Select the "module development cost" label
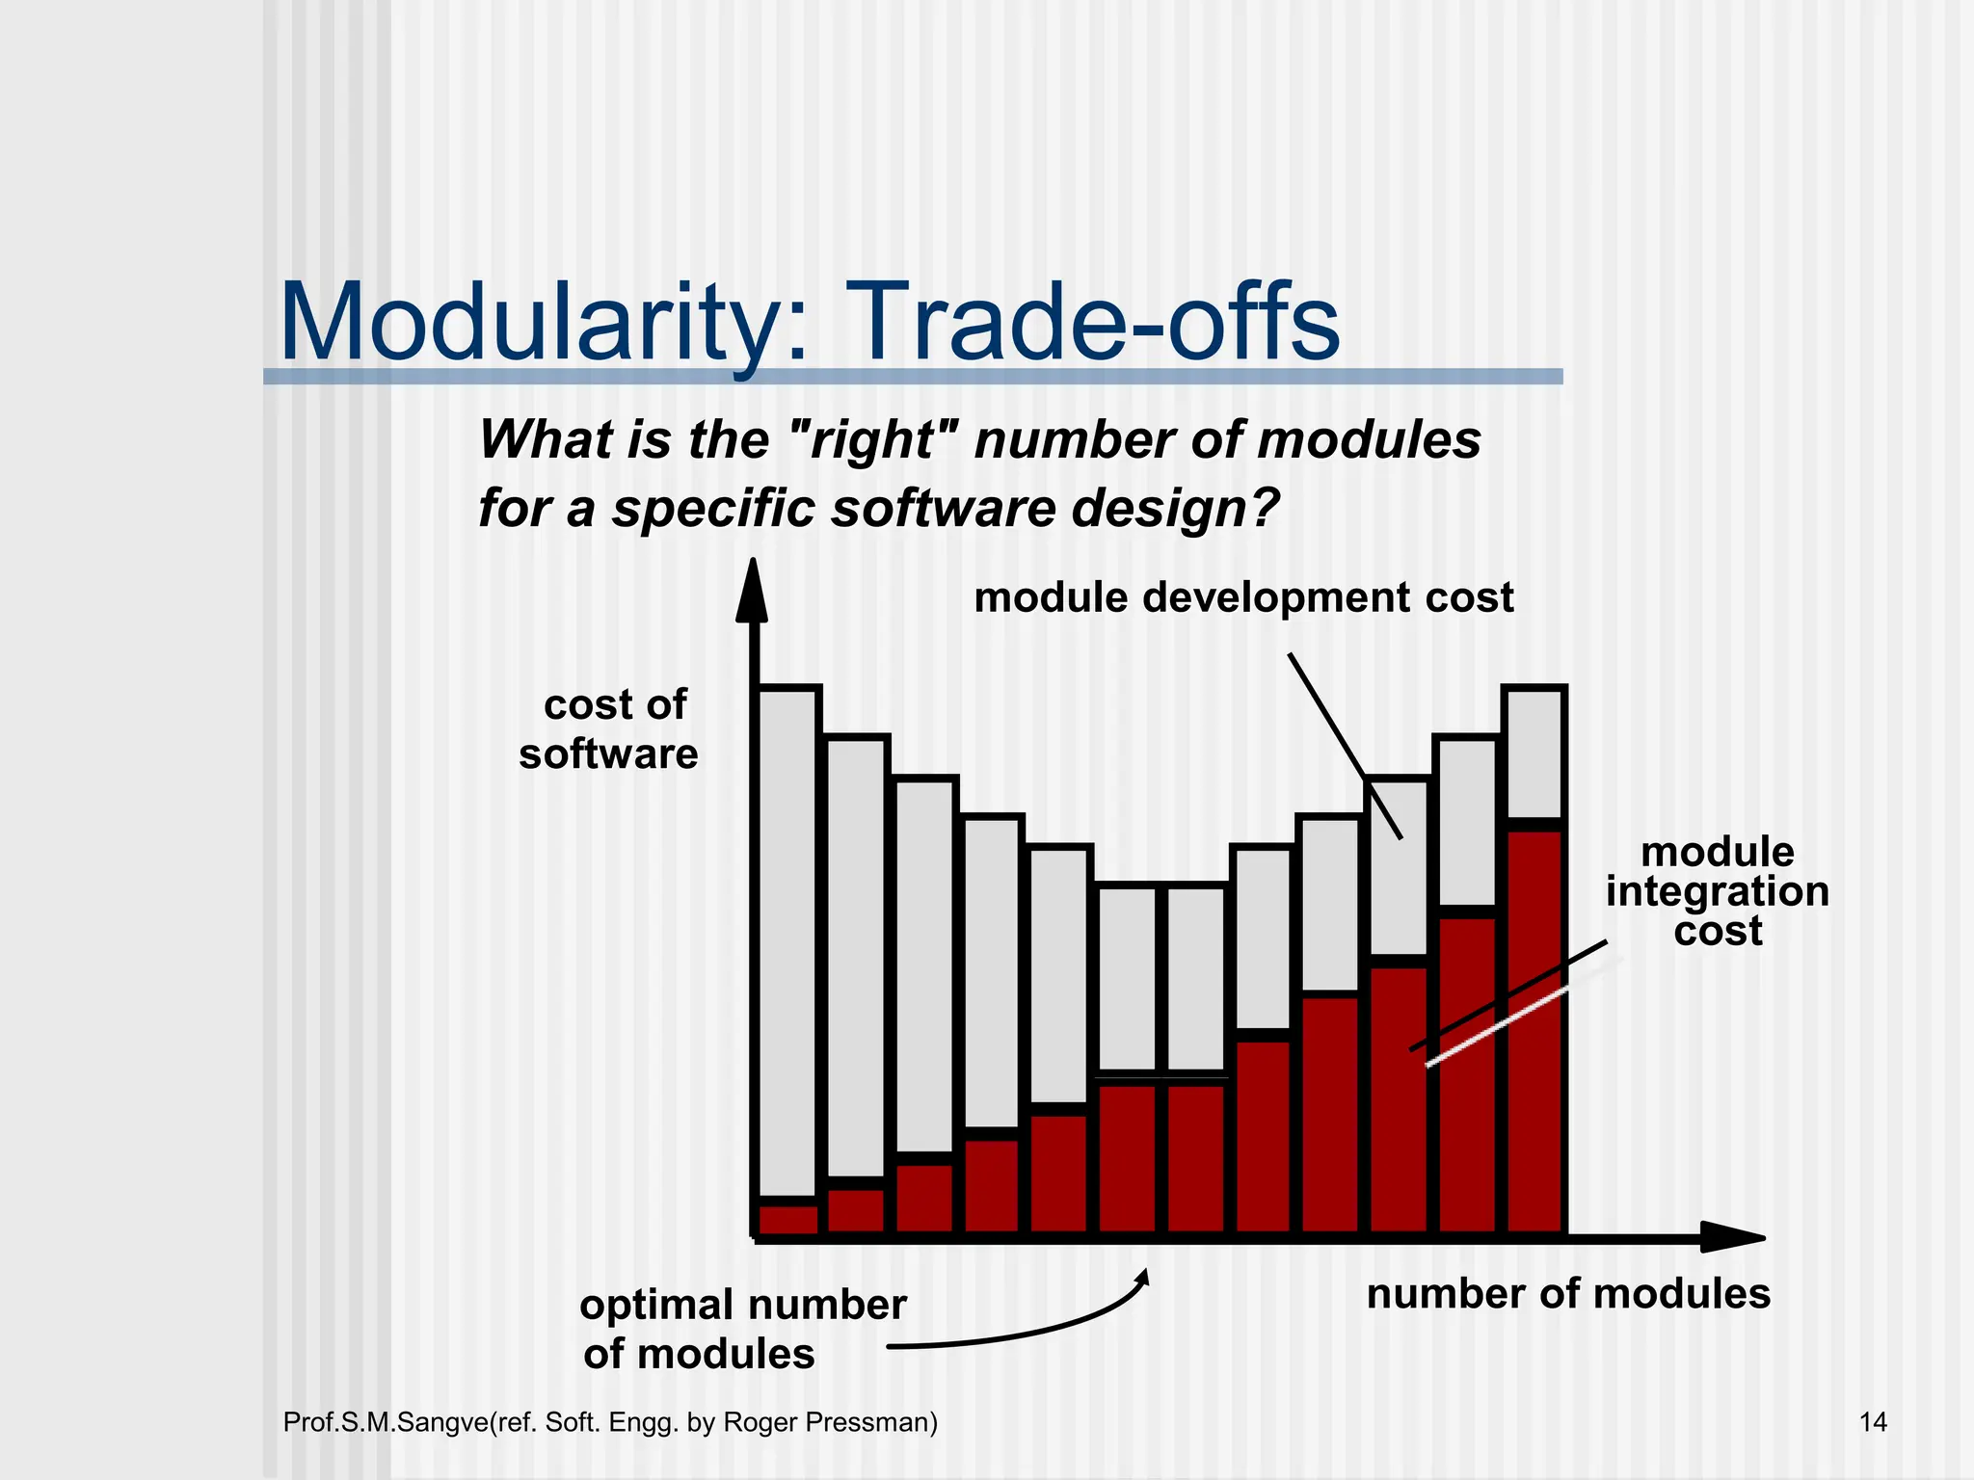[1243, 597]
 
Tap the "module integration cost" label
[1718, 891]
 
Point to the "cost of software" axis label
[609, 728]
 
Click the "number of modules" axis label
[1568, 1293]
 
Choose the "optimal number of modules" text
[742, 1328]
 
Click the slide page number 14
[1872, 1422]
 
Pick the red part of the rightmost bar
[1535, 1031]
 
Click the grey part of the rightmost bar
[1535, 754]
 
